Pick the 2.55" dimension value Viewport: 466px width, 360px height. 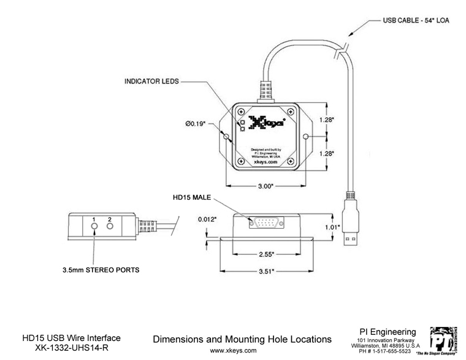pyautogui.click(x=265, y=253)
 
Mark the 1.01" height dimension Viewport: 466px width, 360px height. pyautogui.click(x=332, y=226)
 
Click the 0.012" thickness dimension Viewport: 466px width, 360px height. pyautogui.click(x=207, y=218)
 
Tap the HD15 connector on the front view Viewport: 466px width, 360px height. pyautogui.click(x=265, y=222)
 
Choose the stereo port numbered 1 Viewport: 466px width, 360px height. pyautogui.click(x=94, y=226)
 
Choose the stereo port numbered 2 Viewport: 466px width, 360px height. pyautogui.click(x=110, y=226)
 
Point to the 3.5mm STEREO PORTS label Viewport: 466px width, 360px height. pyautogui.click(x=101, y=269)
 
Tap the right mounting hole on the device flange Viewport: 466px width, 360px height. pyautogui.click(x=306, y=137)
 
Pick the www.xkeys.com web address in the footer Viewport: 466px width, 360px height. pyautogui.click(x=233, y=351)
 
